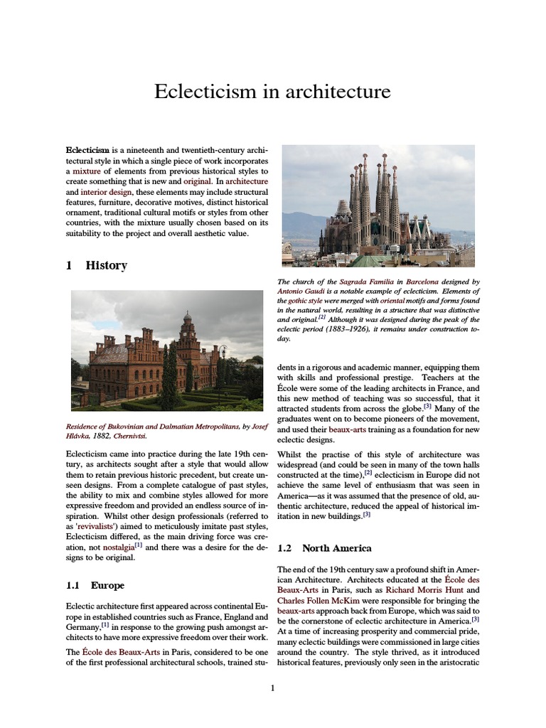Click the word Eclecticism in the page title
tap(201, 92)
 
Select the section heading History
tap(106, 265)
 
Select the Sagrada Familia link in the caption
tap(362, 282)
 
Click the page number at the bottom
tap(272, 687)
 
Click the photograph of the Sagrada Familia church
tap(378, 206)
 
